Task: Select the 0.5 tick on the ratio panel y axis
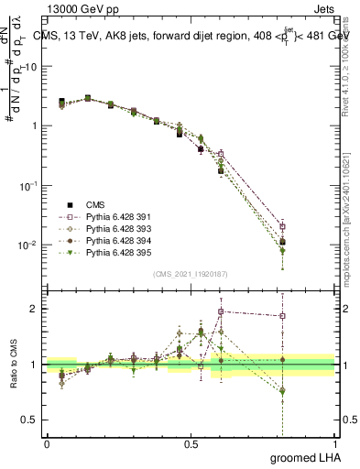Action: point(30,419)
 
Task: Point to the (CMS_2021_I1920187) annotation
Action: point(190,273)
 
